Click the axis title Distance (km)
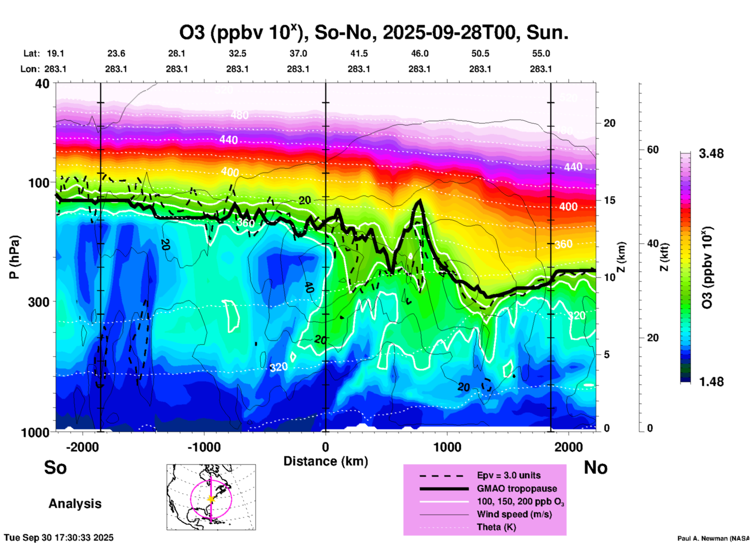[x=326, y=461]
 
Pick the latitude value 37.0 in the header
[x=298, y=53]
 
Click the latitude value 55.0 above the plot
[x=541, y=53]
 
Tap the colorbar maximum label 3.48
[x=711, y=153]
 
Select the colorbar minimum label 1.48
[x=711, y=381]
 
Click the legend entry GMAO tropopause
[x=517, y=488]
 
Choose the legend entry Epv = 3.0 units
[x=509, y=476]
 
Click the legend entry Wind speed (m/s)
[x=514, y=514]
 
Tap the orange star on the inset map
[x=211, y=499]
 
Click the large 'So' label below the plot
[x=55, y=467]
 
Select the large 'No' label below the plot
[x=595, y=467]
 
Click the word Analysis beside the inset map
[x=75, y=503]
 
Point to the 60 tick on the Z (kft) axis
[x=653, y=150]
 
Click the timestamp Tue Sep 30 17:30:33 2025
[x=59, y=538]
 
